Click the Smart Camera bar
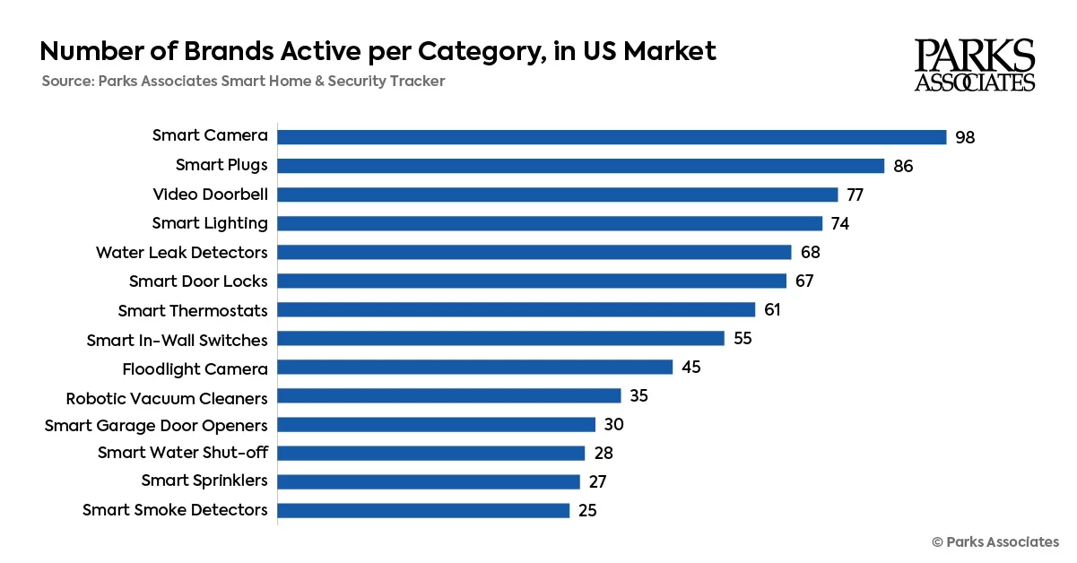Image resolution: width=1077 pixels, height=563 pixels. tap(612, 137)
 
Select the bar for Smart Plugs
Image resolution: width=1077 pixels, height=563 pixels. tap(580, 166)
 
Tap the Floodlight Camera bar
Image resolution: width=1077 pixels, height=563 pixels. tap(474, 367)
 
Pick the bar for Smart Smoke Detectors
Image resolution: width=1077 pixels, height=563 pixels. tap(423, 510)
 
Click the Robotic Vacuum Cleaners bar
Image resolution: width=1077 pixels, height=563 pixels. tap(448, 395)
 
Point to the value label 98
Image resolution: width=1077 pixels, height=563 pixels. tap(965, 137)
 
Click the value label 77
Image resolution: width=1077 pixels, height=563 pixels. tap(856, 195)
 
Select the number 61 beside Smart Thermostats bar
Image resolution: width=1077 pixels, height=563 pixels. tap(773, 309)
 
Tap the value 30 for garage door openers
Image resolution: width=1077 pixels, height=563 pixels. tap(613, 424)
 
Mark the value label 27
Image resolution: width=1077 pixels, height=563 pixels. tap(598, 481)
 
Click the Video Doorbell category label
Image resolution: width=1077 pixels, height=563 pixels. tap(210, 194)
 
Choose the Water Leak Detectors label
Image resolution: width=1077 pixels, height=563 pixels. tap(181, 252)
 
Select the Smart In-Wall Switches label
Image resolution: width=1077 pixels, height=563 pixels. tap(177, 340)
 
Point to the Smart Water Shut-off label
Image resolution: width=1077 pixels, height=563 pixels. tap(182, 452)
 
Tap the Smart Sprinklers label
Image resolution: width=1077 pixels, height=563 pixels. tap(204, 481)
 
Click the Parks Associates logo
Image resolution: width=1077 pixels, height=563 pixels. tap(975, 65)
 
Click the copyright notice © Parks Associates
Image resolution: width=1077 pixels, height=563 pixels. tap(994, 541)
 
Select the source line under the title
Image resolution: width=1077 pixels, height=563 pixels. tap(243, 82)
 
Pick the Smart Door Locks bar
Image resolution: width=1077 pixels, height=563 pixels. tap(531, 281)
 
